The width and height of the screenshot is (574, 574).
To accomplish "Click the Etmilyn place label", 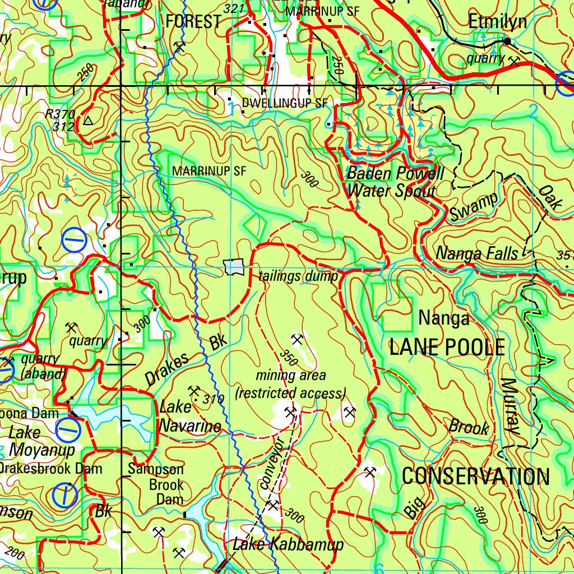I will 498,22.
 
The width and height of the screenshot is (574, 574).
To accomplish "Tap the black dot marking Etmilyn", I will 507,41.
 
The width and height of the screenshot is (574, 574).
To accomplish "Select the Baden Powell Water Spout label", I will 395,182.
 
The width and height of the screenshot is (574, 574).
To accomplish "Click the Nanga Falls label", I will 477,253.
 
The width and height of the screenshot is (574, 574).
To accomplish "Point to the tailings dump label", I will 298,276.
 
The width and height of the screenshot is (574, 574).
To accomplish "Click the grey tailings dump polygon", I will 234,267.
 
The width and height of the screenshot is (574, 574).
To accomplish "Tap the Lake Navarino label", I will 189,416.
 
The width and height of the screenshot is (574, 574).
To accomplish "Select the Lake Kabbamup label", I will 288,544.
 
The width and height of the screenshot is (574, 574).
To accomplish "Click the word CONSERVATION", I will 475,476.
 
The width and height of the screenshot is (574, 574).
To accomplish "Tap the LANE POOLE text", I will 447,348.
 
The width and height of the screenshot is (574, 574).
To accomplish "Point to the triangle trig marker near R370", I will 88,120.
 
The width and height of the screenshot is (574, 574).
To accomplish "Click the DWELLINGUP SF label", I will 284,103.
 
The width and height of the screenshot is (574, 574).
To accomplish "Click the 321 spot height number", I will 233,8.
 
